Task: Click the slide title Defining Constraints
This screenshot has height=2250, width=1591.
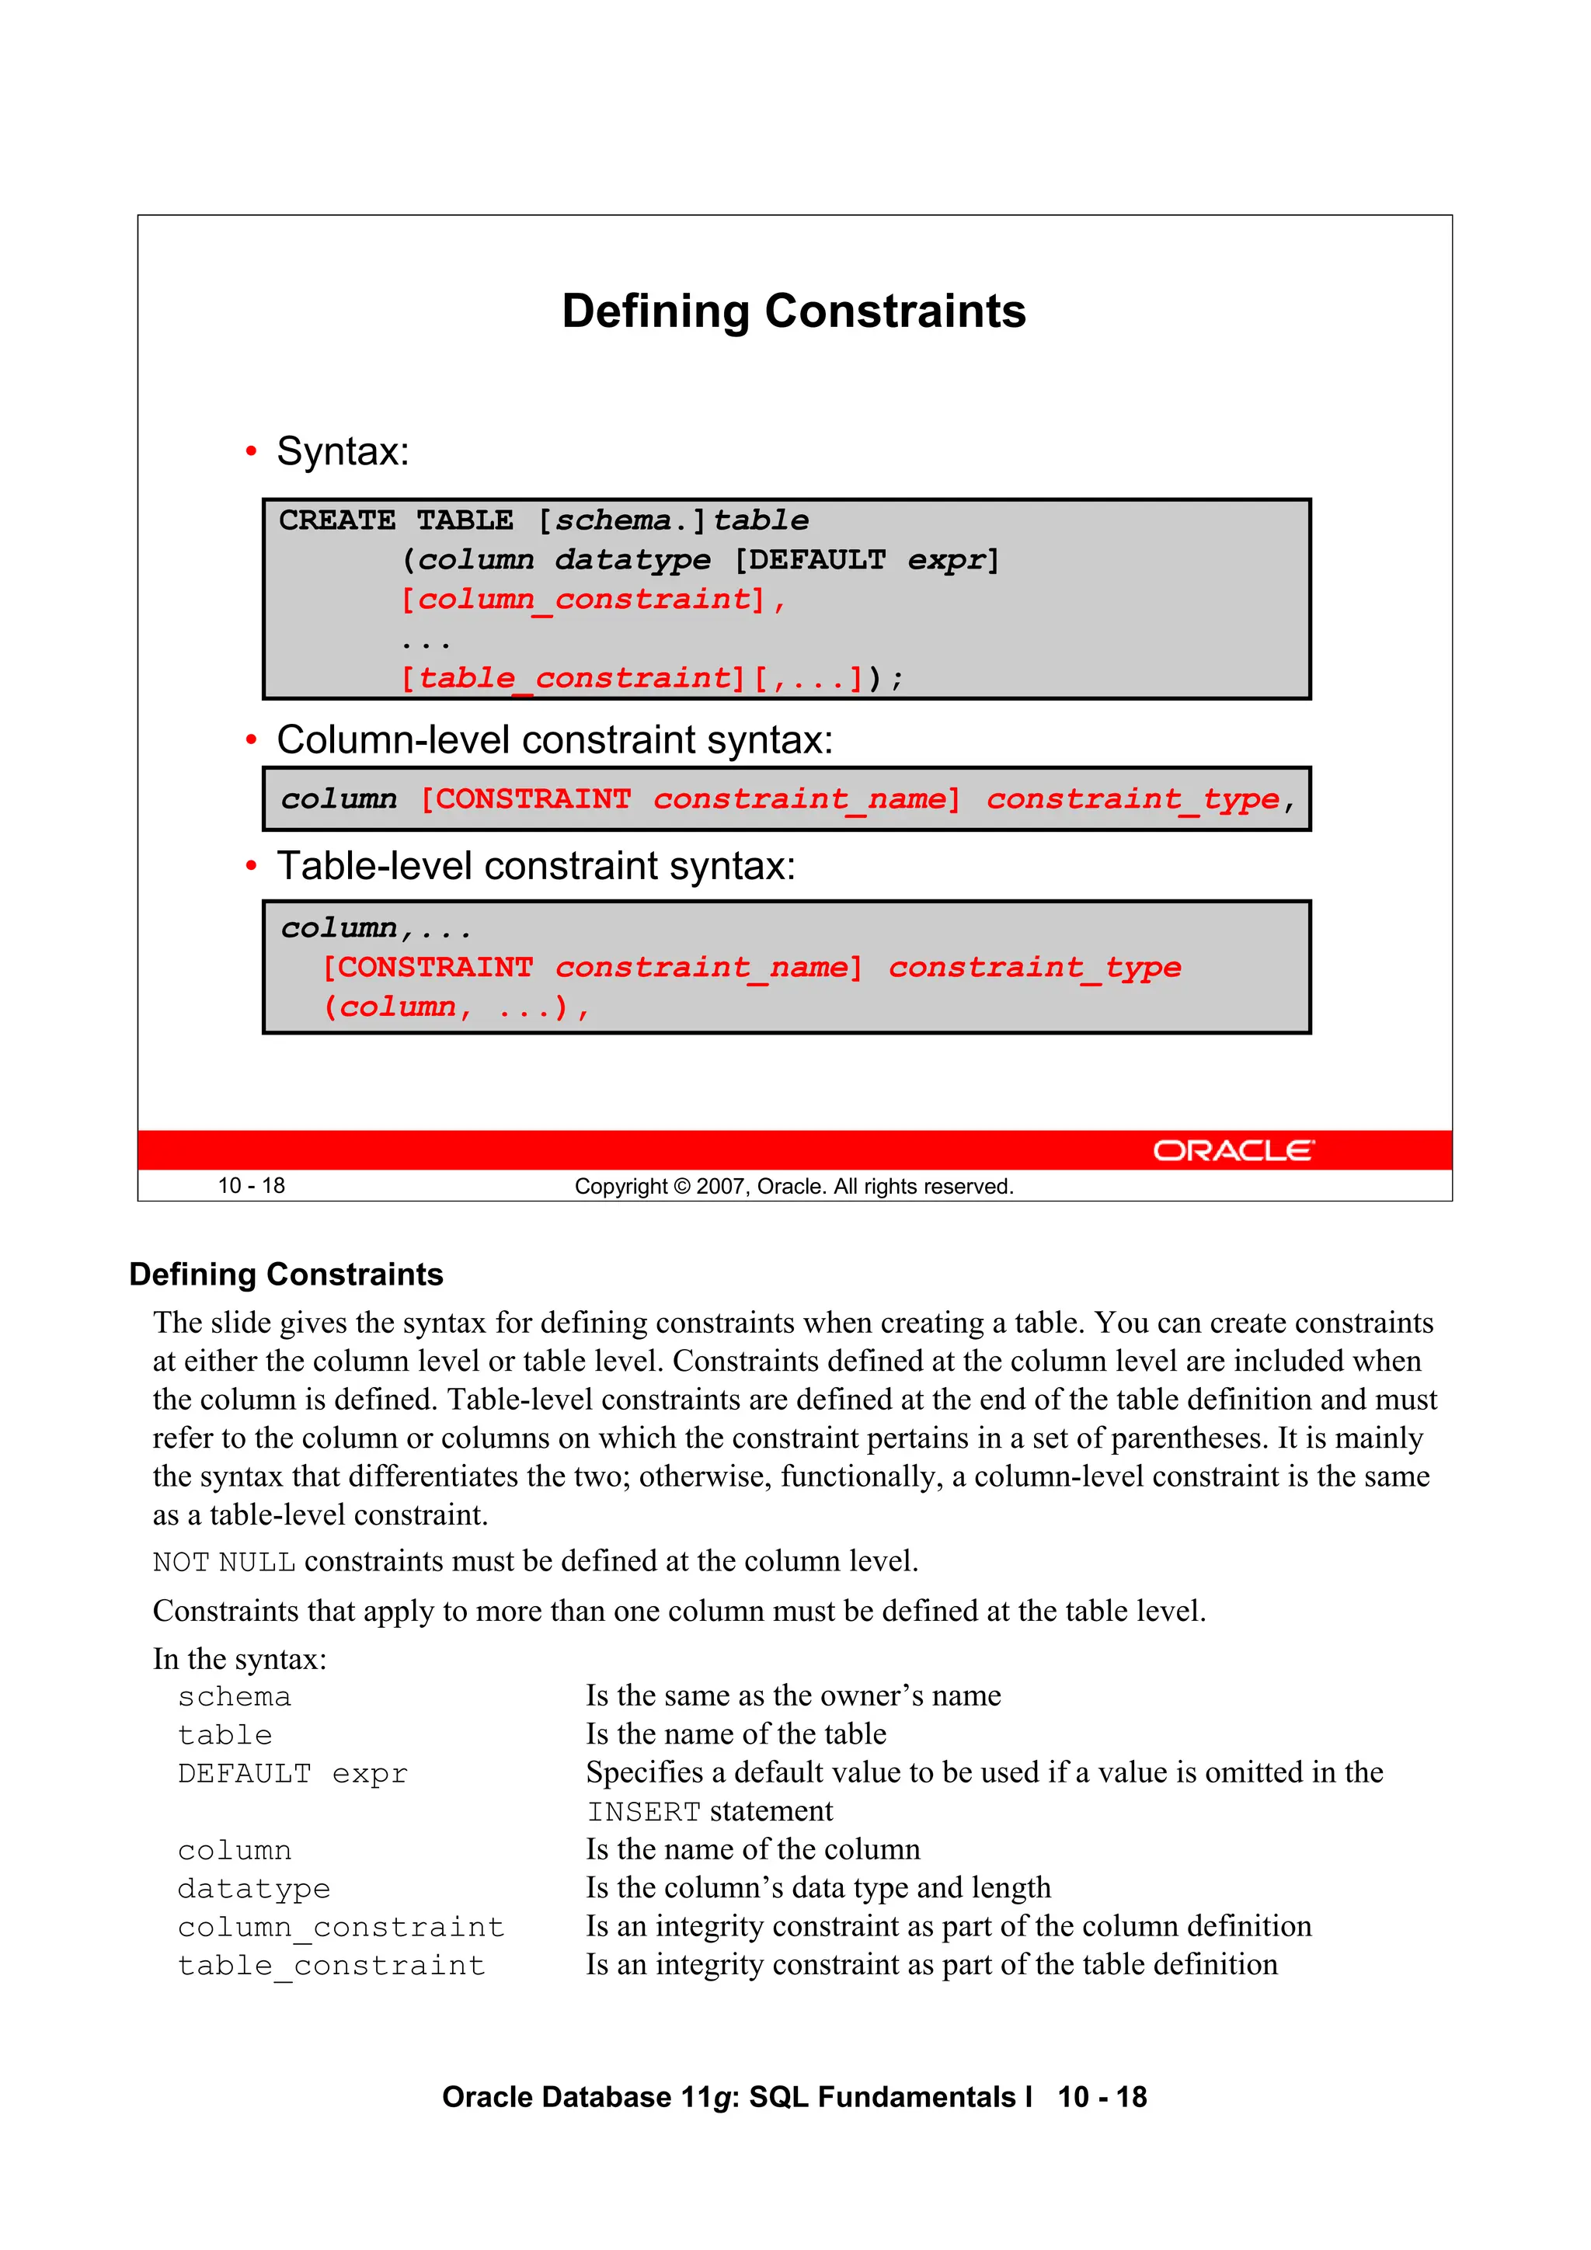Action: pos(793,311)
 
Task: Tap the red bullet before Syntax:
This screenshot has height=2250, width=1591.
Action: pos(251,452)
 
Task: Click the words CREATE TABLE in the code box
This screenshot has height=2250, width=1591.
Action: pos(395,520)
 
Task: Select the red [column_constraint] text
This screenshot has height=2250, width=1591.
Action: pos(583,599)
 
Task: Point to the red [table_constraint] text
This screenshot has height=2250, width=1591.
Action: pos(573,678)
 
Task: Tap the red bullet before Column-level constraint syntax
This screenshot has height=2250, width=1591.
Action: pos(251,740)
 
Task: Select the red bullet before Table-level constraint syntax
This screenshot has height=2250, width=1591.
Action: pos(251,866)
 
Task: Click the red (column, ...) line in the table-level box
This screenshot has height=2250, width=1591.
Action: pos(456,1007)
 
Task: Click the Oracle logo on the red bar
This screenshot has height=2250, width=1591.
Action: pos(1232,1149)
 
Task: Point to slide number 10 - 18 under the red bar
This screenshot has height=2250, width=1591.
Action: pos(251,1186)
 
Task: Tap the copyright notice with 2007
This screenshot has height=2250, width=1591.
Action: pos(793,1187)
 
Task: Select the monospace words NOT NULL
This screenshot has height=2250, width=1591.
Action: pos(224,1562)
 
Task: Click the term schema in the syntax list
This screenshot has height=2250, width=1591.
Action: pos(235,1697)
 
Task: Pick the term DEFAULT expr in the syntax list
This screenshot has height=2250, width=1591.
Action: pos(292,1774)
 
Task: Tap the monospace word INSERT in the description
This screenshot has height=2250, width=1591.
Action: pos(643,1812)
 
